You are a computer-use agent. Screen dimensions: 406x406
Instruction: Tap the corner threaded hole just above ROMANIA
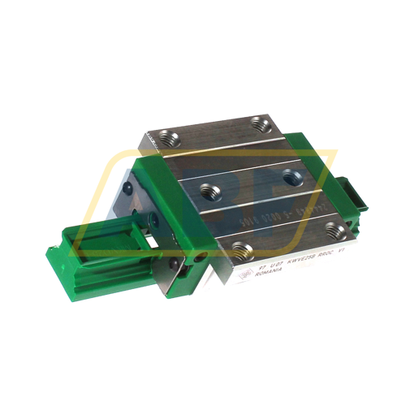point(239,249)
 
